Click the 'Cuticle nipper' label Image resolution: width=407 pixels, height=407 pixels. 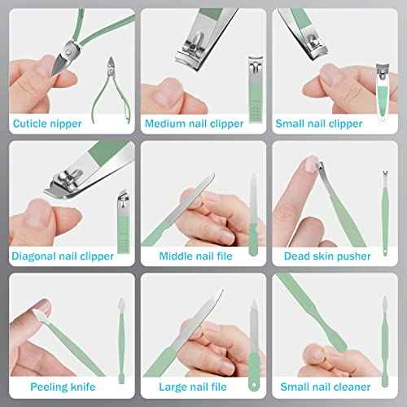click(x=47, y=124)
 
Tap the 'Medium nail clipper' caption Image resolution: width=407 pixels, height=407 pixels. click(x=195, y=124)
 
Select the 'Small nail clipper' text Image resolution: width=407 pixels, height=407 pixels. click(x=319, y=124)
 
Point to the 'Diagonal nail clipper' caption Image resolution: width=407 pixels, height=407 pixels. click(x=63, y=256)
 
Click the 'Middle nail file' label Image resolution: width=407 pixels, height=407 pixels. click(x=195, y=256)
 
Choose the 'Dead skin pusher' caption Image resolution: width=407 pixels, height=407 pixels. click(x=327, y=256)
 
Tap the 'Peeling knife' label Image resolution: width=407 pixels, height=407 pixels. click(x=63, y=387)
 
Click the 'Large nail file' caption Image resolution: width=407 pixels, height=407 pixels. click(x=193, y=387)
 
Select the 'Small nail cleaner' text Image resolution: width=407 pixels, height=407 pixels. click(x=326, y=387)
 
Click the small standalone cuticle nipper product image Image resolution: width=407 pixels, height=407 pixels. click(x=112, y=90)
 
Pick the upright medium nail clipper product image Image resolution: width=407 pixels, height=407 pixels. click(x=256, y=90)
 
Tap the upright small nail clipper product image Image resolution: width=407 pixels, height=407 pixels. click(x=383, y=92)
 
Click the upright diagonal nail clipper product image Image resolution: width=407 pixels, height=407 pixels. click(x=124, y=222)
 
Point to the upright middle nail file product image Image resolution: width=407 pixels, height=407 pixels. click(x=253, y=214)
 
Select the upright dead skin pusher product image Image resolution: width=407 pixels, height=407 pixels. click(x=385, y=213)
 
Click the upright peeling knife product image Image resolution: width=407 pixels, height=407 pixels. click(x=121, y=341)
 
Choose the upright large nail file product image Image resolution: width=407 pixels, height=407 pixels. click(x=254, y=346)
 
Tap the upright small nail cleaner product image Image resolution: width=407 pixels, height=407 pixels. click(x=384, y=342)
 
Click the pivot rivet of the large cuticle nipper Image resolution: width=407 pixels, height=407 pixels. click(x=68, y=50)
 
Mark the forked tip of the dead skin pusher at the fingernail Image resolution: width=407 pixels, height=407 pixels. click(x=320, y=165)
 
